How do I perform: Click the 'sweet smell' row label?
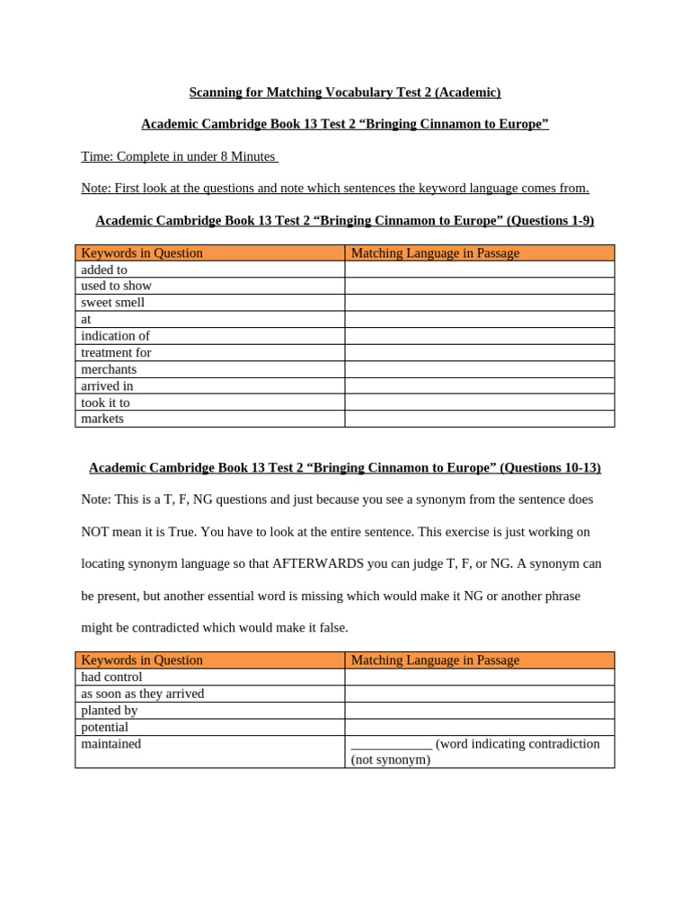click(x=113, y=303)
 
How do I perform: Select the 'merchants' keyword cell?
click(x=110, y=369)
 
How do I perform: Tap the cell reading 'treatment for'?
click(x=117, y=353)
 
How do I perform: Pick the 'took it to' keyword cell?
click(x=106, y=402)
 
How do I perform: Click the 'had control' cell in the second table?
click(x=112, y=677)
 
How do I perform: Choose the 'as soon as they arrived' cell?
click(x=143, y=694)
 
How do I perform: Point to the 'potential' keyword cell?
click(x=105, y=727)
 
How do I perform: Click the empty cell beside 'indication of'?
click(x=479, y=336)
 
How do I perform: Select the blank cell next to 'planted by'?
click(x=479, y=711)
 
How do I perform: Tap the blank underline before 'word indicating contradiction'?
click(x=391, y=745)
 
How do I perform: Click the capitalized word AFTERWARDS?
click(x=317, y=563)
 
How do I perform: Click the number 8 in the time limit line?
click(x=224, y=156)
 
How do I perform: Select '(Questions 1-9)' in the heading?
click(x=550, y=221)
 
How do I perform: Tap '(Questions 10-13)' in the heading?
click(x=550, y=468)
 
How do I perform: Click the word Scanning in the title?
click(x=216, y=93)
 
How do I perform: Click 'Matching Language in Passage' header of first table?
click(x=435, y=253)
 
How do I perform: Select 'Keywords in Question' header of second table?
click(x=142, y=660)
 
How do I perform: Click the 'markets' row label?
click(x=103, y=419)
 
